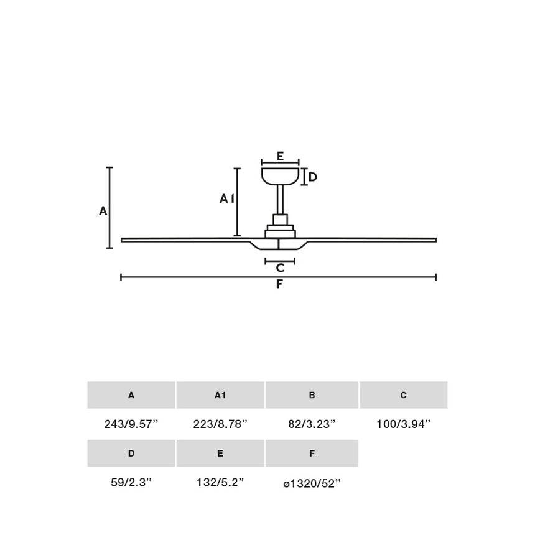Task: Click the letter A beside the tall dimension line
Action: (x=103, y=212)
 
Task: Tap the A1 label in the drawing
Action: (x=226, y=198)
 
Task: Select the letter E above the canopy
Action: (x=281, y=156)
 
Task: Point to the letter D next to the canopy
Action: (x=313, y=177)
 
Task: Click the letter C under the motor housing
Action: (x=280, y=268)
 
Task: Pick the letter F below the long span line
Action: (x=280, y=285)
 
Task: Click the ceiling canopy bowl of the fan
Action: (x=281, y=175)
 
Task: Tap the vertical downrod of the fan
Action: (x=281, y=200)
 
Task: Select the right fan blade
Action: (x=373, y=240)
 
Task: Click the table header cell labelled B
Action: (x=312, y=395)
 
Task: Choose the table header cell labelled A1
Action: (x=220, y=395)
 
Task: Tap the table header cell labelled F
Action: (x=312, y=454)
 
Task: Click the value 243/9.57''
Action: (x=131, y=424)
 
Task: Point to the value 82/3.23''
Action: (x=312, y=424)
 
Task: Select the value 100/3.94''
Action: (x=403, y=424)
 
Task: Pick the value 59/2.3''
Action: (x=131, y=483)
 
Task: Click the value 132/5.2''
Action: (x=220, y=483)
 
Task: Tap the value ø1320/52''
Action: (x=312, y=483)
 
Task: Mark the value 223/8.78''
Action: (x=220, y=424)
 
